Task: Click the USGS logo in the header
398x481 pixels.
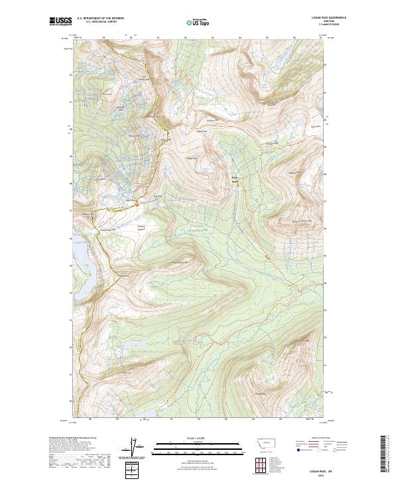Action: click(x=61, y=21)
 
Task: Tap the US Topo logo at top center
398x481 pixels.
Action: click(x=197, y=22)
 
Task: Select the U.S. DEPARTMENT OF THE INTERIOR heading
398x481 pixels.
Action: click(x=100, y=19)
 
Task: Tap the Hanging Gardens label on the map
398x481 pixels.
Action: click(x=141, y=229)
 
